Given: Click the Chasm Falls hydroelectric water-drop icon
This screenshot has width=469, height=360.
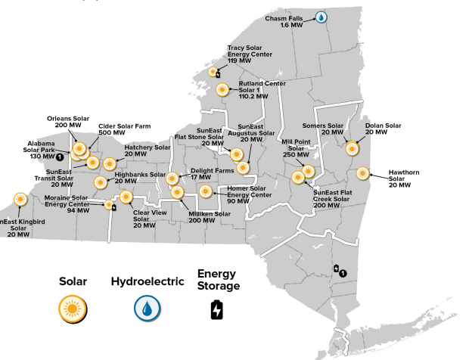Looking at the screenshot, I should click(x=321, y=17).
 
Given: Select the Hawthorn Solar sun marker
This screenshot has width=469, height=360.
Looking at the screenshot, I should click(x=364, y=173).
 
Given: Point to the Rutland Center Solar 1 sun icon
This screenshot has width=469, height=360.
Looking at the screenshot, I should click(x=222, y=89).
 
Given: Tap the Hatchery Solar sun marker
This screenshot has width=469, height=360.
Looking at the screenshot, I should click(x=110, y=163).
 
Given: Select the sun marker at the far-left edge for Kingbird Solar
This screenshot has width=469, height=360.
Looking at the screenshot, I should click(x=18, y=200).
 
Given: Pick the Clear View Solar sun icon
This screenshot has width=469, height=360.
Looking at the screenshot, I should click(x=126, y=199).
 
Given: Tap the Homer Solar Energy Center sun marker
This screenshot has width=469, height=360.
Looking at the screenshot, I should click(x=204, y=190).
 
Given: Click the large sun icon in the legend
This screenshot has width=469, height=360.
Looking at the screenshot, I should click(x=73, y=307).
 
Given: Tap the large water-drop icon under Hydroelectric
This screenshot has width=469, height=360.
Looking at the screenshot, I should click(x=147, y=307).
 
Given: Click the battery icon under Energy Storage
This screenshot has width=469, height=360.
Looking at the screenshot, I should click(x=217, y=309).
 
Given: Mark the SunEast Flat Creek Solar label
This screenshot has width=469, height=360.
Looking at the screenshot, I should click(x=337, y=198).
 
